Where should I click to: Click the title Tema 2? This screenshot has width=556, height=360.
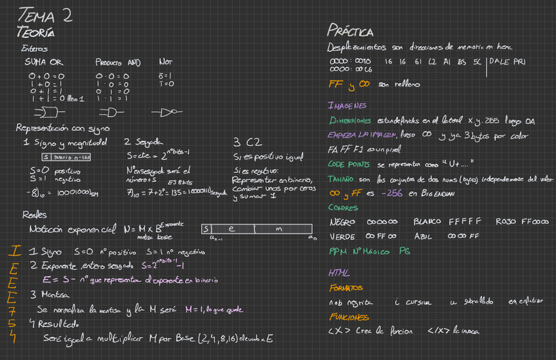pyautogui.click(x=45, y=14)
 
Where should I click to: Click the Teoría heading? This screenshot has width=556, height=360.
pyautogui.click(x=36, y=32)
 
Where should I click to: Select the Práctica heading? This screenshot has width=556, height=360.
pyautogui.click(x=350, y=31)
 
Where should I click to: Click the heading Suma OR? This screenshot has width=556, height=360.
pyautogui.click(x=43, y=62)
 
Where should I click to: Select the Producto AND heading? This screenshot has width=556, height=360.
pyautogui.click(x=118, y=62)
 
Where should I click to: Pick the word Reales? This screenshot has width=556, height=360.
pyautogui.click(x=34, y=214)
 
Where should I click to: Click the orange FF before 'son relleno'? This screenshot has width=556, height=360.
pyautogui.click(x=334, y=85)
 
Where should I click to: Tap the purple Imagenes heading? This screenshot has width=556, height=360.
pyautogui.click(x=347, y=105)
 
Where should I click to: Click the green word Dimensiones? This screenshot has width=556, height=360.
pyautogui.click(x=351, y=121)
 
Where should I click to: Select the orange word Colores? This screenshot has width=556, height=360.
pyautogui.click(x=343, y=207)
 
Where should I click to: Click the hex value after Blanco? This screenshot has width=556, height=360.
pyautogui.click(x=466, y=222)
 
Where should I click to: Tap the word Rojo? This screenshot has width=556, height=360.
pyautogui.click(x=506, y=222)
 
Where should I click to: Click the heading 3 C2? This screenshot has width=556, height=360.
pyautogui.click(x=243, y=141)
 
